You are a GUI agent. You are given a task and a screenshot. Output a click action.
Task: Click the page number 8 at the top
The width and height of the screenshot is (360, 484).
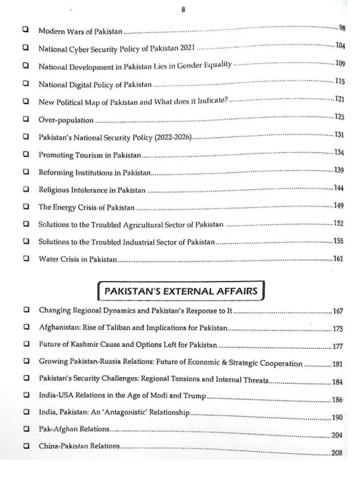coord(183,10)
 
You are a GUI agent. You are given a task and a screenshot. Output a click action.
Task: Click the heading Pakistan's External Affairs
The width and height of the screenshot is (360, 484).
coord(179,291)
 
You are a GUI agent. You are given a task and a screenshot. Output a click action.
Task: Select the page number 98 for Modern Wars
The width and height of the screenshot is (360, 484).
coord(341,28)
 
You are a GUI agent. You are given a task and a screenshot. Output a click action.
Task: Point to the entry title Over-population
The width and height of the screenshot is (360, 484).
coord(65,118)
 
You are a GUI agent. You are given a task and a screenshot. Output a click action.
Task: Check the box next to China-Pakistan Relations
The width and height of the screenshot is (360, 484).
coord(26,446)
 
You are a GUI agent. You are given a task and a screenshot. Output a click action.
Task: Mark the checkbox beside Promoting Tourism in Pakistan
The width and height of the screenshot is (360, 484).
coord(26,153)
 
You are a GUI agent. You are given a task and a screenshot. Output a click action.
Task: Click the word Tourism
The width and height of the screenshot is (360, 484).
coord(87,154)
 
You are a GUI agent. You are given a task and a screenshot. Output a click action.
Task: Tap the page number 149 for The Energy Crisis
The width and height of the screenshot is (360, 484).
coord(338,206)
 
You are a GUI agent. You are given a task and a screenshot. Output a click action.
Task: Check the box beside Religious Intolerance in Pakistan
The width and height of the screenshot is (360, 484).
coord(26,188)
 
